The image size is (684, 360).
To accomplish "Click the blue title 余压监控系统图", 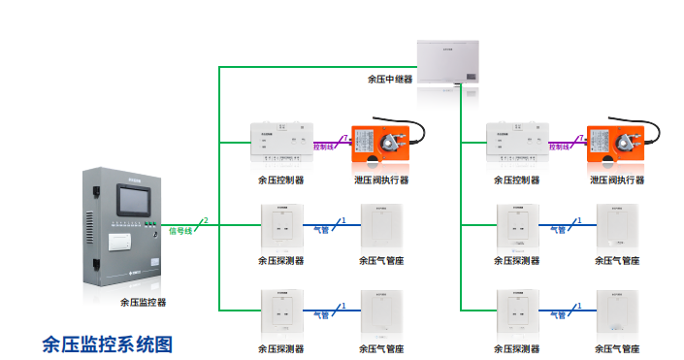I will [108, 343].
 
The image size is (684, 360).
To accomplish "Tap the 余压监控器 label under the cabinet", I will [144, 302].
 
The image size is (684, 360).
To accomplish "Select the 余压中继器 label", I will [390, 80].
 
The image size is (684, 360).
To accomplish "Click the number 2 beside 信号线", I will [206, 222].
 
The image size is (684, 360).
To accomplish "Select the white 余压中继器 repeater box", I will [449, 61].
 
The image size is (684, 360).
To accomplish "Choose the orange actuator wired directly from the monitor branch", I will [380, 144].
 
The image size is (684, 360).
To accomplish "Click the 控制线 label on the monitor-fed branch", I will [324, 147].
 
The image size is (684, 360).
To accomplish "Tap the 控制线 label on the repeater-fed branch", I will [560, 147].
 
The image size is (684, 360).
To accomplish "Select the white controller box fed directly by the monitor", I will [281, 142].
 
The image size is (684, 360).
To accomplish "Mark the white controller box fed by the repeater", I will [517, 142].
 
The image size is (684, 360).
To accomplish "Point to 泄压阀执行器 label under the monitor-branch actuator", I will [381, 180].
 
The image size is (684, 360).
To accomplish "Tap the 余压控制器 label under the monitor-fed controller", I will [281, 180].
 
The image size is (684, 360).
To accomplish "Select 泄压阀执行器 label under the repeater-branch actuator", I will [617, 180].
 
